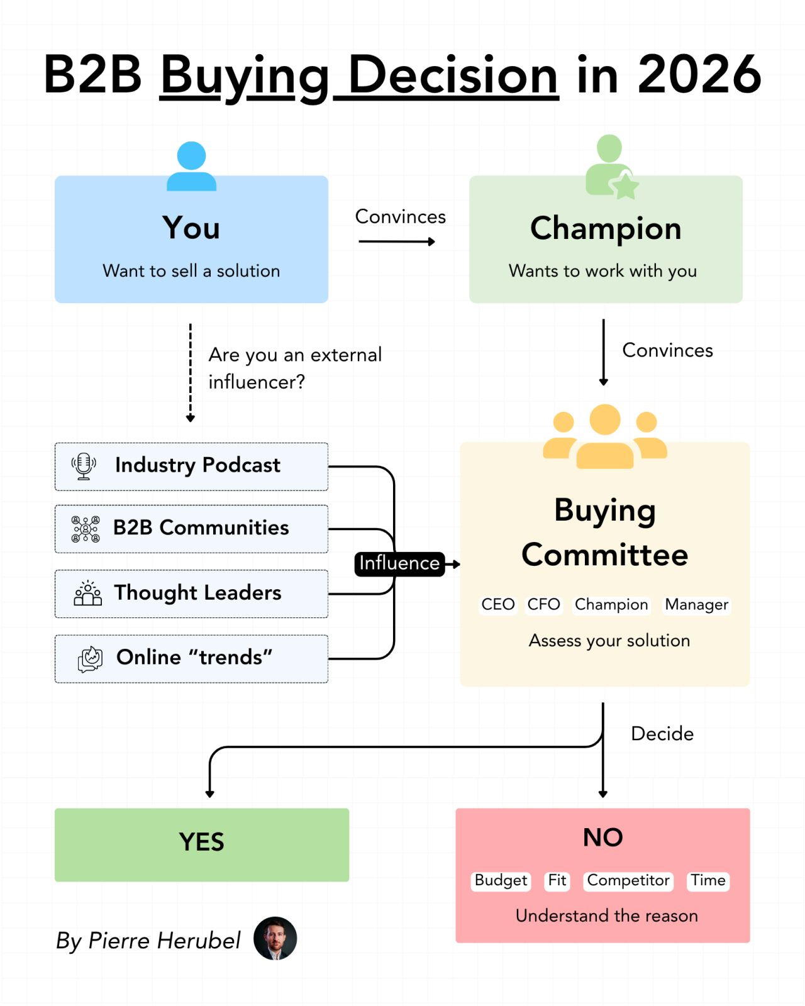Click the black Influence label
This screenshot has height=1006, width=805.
coord(399,564)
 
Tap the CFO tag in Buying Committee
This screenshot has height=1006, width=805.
coord(543,604)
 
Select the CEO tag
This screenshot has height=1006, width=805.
coord(497,604)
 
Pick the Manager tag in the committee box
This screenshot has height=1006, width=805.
coord(696,604)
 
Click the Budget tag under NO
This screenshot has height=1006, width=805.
coord(501,881)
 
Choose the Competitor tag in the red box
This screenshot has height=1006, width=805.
coord(628,881)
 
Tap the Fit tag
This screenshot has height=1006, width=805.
coord(557,881)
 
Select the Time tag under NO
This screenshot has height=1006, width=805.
coord(708,881)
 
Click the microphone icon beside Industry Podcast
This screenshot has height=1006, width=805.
coord(84,466)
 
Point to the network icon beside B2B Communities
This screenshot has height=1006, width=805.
coord(85,529)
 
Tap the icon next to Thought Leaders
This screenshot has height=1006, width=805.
coord(87,593)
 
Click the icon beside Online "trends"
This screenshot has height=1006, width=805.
coord(90,659)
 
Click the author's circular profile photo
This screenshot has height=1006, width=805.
coord(275,939)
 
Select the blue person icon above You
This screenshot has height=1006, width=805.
coord(191,166)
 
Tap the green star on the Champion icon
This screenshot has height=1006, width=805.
coord(625,186)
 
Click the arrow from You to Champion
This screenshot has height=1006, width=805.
coord(397,241)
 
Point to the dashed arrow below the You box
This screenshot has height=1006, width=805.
coord(191,373)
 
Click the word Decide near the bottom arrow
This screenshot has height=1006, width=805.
coord(662,734)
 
